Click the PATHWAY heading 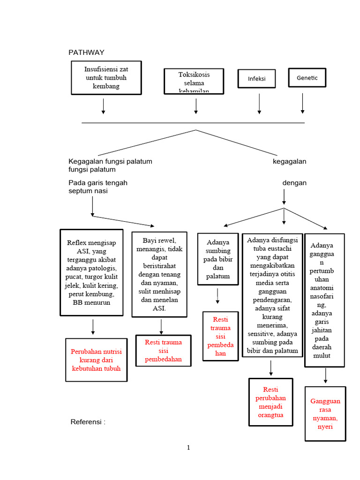86,52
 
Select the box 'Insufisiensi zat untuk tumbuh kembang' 106,77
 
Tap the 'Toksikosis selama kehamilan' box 194,82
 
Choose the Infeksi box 256,78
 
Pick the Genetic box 307,78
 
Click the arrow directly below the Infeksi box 259,104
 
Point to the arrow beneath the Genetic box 303,104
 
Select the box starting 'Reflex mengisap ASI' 92,272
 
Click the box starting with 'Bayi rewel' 159,274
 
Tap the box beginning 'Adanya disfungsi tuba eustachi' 272,296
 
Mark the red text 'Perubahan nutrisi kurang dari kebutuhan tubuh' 96,360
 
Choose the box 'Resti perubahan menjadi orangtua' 270,402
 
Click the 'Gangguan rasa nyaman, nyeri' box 325,414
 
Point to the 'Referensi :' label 88,422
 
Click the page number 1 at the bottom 188,448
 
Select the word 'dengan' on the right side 294,183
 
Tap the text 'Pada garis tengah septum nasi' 97,187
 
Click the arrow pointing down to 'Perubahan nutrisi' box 93,327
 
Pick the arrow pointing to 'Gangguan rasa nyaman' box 325,375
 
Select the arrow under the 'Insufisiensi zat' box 104,106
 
